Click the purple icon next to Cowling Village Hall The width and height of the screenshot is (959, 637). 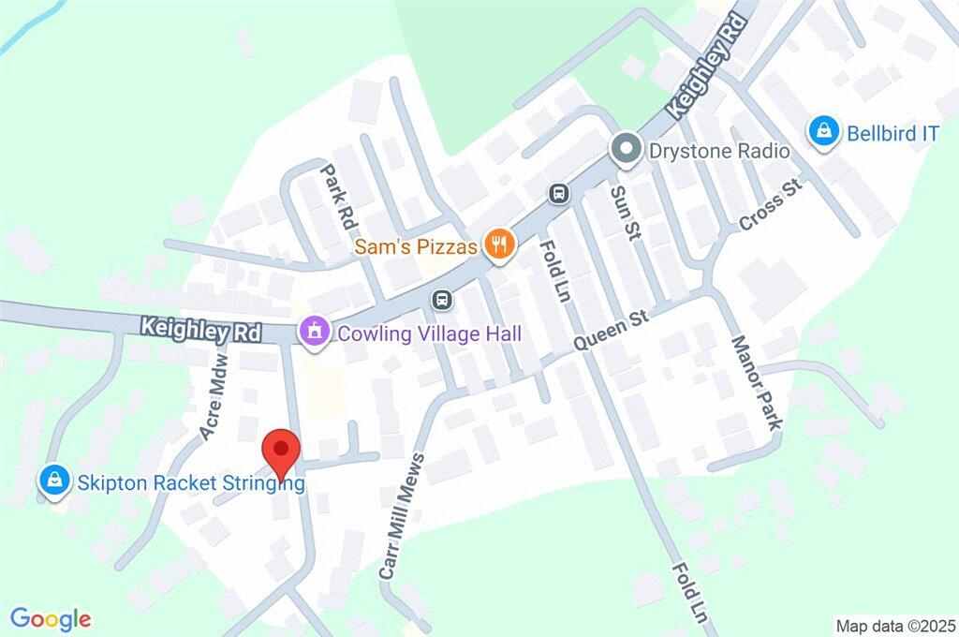pos(313,331)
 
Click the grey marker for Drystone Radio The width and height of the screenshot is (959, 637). pos(625,149)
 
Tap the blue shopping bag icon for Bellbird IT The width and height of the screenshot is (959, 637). pos(823,132)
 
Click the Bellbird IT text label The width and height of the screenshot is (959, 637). pos(893,133)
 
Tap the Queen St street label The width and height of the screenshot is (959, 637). pos(612,332)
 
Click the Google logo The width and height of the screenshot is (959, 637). pos(51,618)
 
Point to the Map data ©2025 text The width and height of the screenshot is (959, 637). pos(894,625)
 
